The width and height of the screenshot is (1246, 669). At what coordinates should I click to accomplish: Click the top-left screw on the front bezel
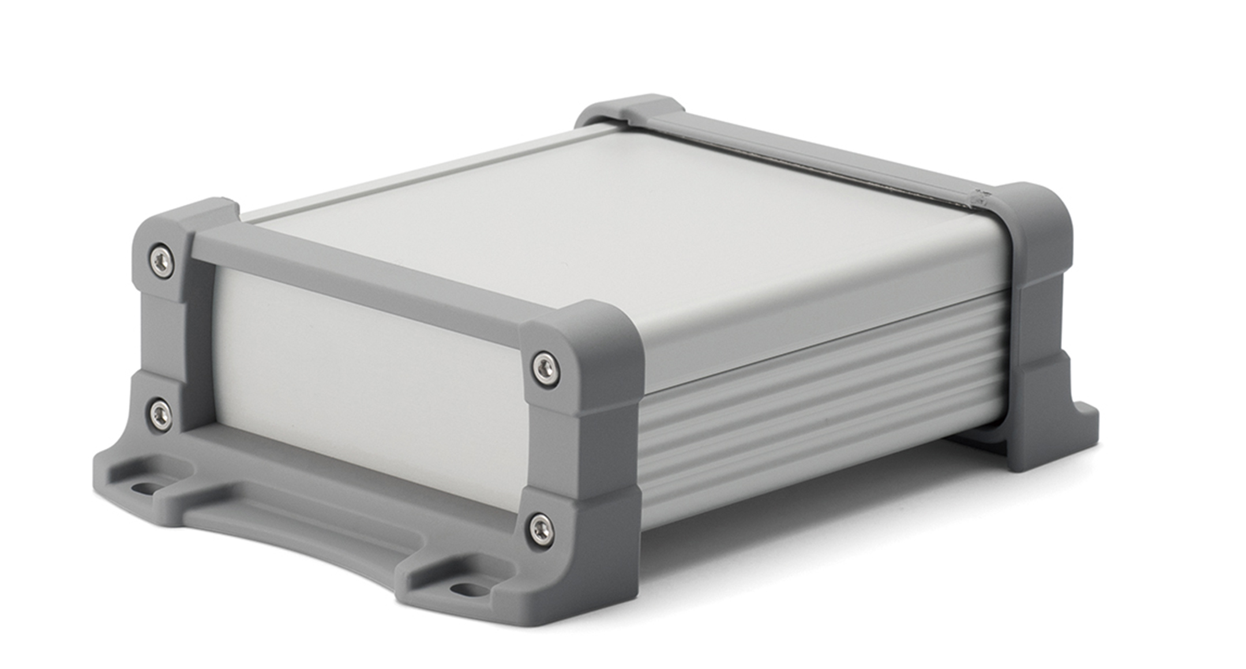click(x=162, y=261)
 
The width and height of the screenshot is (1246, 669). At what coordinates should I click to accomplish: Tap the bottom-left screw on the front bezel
click(x=160, y=415)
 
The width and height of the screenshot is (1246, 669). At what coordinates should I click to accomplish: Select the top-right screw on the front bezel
click(x=545, y=368)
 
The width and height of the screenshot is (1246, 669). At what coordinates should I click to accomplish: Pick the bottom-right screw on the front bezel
click(x=541, y=528)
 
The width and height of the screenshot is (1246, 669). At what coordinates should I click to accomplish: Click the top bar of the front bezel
click(x=358, y=277)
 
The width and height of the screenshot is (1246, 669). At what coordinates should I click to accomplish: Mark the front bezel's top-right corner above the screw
click(x=583, y=329)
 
